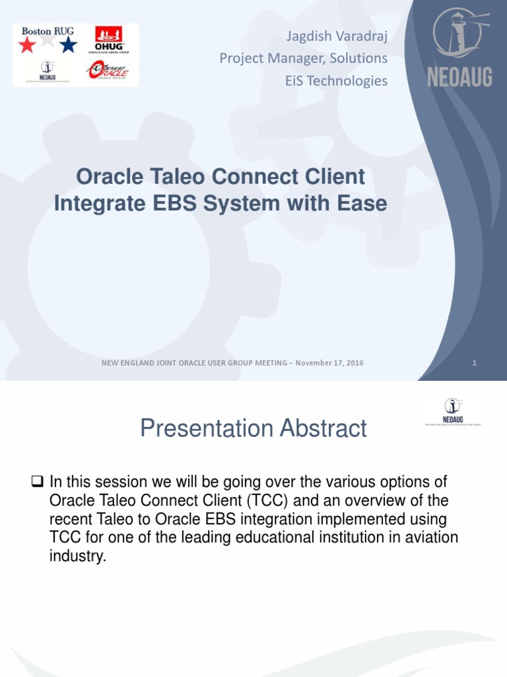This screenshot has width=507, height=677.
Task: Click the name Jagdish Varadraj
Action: (335, 36)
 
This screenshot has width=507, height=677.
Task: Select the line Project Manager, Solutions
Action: (303, 58)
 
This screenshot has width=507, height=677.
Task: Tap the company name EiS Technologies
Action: (336, 81)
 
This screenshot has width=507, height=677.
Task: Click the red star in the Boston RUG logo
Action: (27, 45)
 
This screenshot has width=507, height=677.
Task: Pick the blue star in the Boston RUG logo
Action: (68, 45)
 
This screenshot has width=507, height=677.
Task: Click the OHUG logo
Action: (108, 39)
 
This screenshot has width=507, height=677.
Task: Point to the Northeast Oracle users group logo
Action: (108, 70)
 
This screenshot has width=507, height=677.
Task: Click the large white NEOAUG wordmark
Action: (459, 77)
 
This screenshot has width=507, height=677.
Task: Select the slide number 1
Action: (475, 363)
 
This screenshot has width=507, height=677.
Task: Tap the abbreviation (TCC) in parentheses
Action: (265, 500)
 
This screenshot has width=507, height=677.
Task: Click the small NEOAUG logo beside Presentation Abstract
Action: (452, 411)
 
